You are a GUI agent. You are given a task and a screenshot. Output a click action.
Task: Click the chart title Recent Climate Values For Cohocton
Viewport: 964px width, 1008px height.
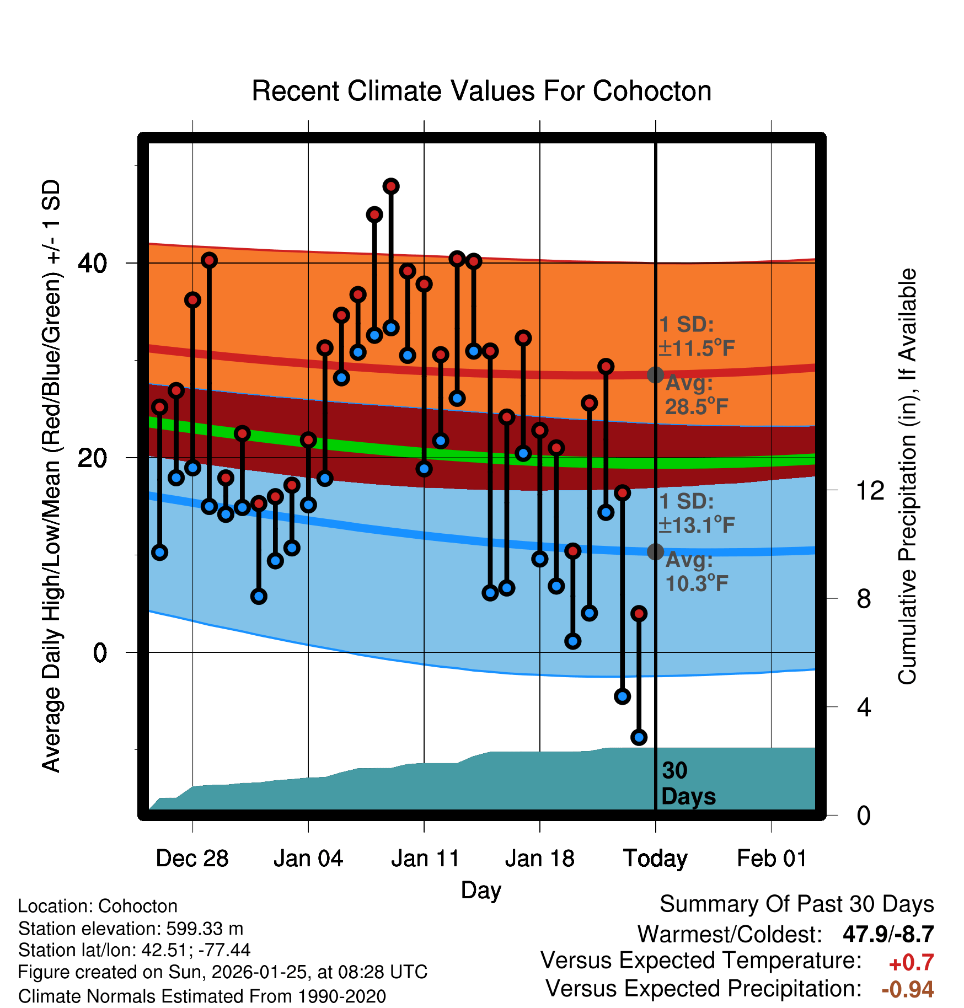click(481, 91)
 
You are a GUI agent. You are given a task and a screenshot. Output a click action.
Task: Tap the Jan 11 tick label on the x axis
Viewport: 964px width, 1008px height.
click(425, 859)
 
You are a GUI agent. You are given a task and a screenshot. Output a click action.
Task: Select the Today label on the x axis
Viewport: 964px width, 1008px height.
click(655, 859)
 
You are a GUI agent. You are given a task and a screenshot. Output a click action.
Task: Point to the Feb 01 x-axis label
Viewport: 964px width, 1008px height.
click(772, 859)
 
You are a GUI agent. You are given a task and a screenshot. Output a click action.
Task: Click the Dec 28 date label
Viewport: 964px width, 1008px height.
click(192, 859)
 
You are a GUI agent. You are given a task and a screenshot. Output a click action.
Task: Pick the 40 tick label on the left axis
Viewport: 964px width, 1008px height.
click(93, 264)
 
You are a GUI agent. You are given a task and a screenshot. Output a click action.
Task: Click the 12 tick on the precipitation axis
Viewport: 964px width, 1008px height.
click(870, 490)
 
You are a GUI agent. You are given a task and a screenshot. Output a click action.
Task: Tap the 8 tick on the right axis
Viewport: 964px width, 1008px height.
click(864, 599)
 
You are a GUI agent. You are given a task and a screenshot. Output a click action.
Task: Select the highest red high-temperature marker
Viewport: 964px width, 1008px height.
click(391, 186)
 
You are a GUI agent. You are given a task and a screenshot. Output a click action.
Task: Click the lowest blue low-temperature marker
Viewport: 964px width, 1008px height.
click(639, 737)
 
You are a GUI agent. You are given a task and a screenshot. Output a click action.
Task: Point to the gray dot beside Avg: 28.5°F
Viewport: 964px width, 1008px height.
click(655, 375)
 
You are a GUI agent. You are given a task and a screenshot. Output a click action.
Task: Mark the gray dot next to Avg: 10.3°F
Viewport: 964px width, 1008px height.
click(655, 551)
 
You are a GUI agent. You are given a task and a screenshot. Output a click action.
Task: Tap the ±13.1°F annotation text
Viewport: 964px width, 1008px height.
click(697, 525)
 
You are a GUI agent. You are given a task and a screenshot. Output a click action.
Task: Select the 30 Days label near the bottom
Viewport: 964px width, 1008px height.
click(688, 784)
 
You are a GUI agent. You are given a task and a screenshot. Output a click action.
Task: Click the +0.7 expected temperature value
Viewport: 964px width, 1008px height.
click(911, 963)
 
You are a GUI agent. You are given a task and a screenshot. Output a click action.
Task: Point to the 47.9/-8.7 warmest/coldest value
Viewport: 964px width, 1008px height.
click(888, 934)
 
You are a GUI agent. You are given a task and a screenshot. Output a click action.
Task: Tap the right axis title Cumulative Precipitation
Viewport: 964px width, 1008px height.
click(907, 477)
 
